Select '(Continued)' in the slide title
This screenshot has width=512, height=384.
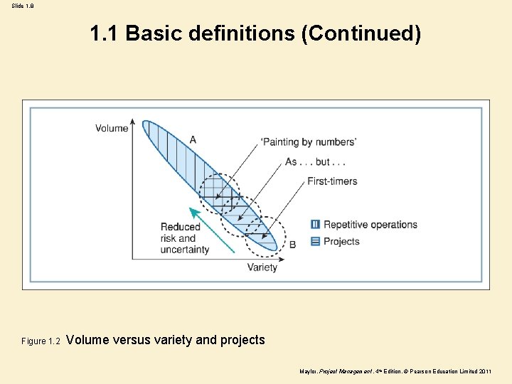tap(361, 33)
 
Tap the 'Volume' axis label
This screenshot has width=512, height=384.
tap(112, 129)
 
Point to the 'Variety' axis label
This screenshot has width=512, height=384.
tap(262, 267)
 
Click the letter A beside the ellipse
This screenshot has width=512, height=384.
tap(193, 139)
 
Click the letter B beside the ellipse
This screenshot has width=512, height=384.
tap(292, 244)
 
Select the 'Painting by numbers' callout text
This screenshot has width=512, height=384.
tap(309, 142)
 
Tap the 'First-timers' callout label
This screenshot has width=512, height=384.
tap(332, 181)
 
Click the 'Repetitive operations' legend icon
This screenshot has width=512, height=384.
tap(316, 225)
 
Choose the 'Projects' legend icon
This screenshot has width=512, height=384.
tap(316, 241)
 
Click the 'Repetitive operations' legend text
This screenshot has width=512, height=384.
tap(370, 225)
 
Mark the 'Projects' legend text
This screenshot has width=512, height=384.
tap(341, 241)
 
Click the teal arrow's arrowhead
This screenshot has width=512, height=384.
tap(192, 211)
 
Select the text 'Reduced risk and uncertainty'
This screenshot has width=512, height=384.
tap(185, 238)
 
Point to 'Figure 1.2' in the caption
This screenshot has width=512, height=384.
tap(44, 341)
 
